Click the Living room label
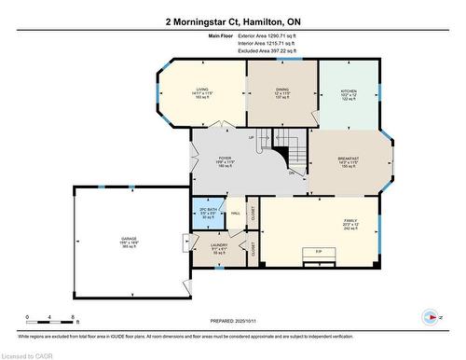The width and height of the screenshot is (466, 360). click(x=189, y=92)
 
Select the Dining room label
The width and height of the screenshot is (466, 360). click(x=281, y=92)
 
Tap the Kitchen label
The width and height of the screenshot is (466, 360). click(x=348, y=92)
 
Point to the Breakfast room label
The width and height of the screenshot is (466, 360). click(x=349, y=160)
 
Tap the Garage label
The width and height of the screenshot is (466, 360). click(x=129, y=241)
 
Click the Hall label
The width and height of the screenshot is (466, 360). click(x=236, y=214)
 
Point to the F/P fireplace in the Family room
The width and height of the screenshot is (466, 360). click(x=319, y=253)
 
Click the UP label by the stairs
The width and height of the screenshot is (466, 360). click(x=252, y=138)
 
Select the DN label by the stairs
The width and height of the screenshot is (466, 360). click(x=291, y=173)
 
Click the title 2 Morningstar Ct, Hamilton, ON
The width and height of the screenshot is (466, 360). click(x=232, y=20)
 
